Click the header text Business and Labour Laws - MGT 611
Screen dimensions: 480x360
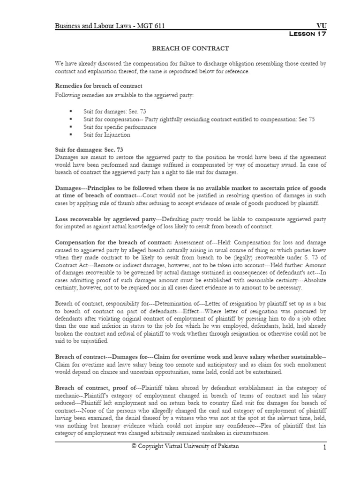tap(110, 27)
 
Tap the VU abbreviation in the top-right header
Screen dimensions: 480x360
tap(321, 27)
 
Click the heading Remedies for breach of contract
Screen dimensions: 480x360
tap(98, 86)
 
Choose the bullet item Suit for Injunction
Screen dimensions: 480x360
tap(106, 135)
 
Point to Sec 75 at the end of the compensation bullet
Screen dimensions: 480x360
tap(306, 119)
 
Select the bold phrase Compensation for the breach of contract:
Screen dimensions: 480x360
tap(113, 242)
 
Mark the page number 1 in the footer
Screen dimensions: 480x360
tap(324, 448)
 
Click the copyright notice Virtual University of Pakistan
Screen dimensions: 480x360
tap(185, 446)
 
